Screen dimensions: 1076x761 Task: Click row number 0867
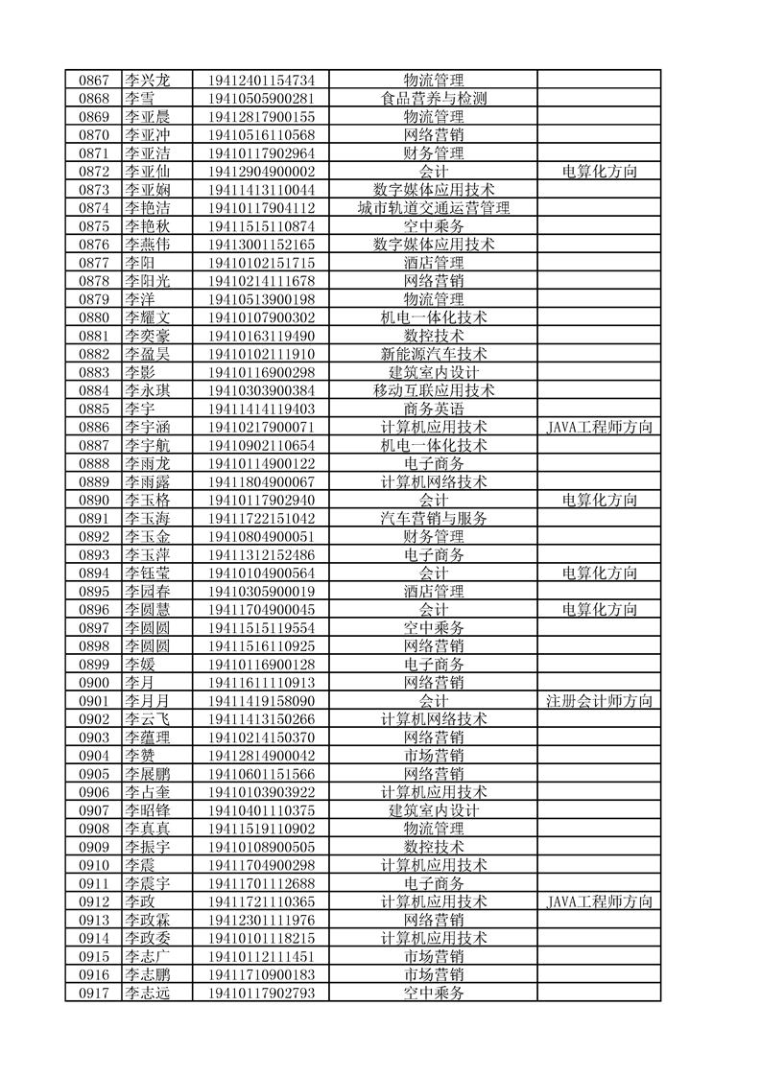[x=93, y=81]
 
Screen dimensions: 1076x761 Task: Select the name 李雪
[x=140, y=99]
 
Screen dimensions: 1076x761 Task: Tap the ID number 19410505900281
[x=261, y=99]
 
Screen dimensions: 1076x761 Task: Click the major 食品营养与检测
[x=434, y=99]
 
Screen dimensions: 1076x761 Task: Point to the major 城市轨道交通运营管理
[x=434, y=208]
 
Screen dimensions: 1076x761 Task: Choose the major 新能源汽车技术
[x=434, y=354]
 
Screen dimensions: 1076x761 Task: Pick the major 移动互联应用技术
[x=434, y=390]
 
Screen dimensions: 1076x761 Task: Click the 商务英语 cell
[x=434, y=409]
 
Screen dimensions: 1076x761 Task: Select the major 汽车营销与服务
[x=434, y=518]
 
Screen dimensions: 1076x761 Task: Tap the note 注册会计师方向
[x=599, y=700]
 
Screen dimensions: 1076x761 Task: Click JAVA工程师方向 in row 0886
[x=599, y=427]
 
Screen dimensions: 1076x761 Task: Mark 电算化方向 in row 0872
[x=599, y=172]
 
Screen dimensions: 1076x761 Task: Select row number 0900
[x=93, y=682]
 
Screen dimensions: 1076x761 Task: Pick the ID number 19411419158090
[x=261, y=700]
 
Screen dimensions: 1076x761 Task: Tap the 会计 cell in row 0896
[x=434, y=609]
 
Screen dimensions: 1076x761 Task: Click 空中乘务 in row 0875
[x=434, y=226]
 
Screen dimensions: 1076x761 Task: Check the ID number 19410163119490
[x=261, y=336]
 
